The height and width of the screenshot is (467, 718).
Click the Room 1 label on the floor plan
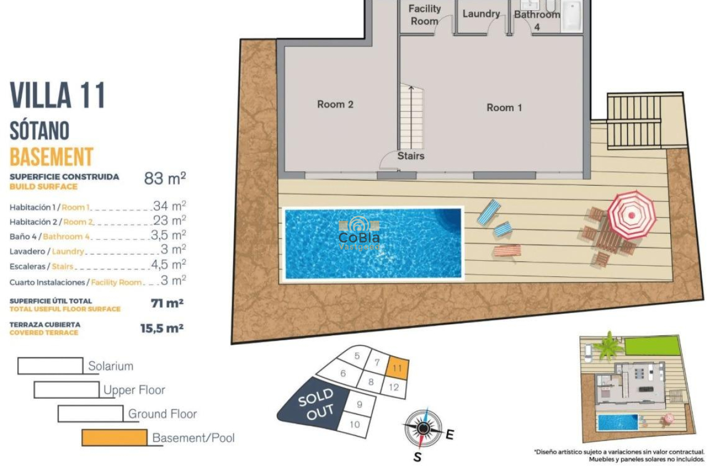coord(504,108)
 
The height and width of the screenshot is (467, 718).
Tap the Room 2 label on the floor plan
coord(335,105)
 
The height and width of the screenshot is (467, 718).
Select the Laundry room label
coord(481,14)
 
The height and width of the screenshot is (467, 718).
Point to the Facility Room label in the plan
coord(424,15)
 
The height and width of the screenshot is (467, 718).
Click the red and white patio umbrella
coord(631,215)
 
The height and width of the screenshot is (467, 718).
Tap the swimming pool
coord(373,243)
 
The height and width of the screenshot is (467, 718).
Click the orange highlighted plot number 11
coord(397,368)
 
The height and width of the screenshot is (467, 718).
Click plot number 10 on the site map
coord(355,425)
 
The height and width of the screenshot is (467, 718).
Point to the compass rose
coord(423,428)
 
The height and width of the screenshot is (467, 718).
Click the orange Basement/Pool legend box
coord(114,438)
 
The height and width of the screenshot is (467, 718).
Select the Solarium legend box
coord(50,366)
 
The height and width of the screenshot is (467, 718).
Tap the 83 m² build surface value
coord(165,178)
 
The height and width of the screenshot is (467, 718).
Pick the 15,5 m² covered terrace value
coord(161,329)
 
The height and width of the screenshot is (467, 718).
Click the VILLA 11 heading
coord(57,95)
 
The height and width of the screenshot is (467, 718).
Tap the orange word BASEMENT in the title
coord(51,157)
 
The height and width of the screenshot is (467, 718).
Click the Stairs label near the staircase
coord(411,156)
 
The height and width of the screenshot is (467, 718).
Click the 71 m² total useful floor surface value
coord(167,304)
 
